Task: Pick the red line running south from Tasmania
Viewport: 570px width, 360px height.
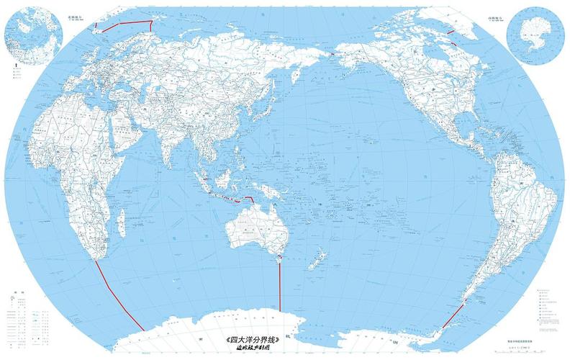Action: coord(279,288)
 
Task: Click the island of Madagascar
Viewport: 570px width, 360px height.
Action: coord(122,220)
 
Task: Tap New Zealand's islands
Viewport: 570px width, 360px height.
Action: coord(315,259)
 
